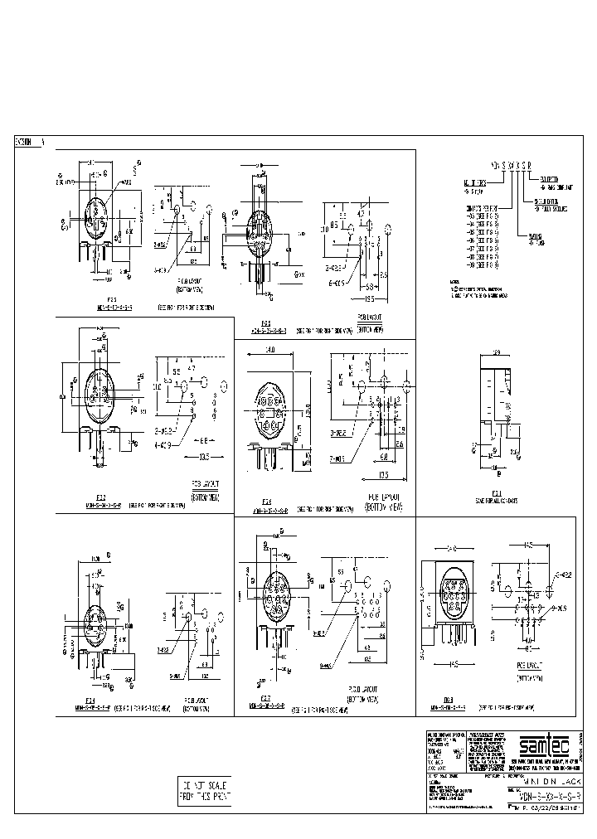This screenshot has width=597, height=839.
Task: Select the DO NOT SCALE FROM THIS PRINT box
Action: point(205,792)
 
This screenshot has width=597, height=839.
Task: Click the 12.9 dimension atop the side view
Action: point(498,354)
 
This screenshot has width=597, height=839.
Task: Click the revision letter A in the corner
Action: point(42,143)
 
